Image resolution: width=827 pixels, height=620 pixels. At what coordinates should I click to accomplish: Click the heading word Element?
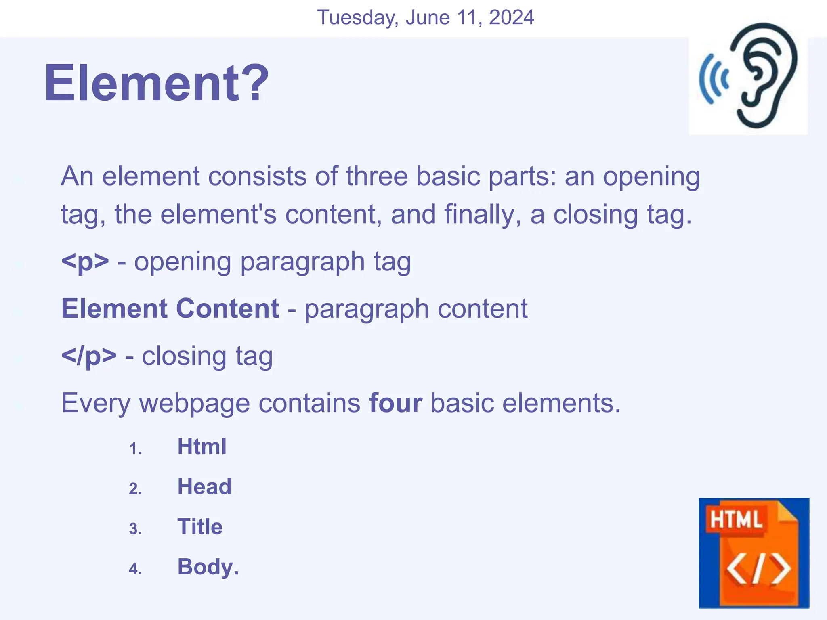156,83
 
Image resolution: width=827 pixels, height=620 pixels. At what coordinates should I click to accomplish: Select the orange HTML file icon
754,553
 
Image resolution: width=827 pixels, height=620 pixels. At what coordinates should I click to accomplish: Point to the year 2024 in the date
511,18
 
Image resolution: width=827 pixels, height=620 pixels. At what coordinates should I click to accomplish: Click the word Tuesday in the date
358,18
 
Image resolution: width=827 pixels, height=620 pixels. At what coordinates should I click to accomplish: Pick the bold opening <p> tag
85,262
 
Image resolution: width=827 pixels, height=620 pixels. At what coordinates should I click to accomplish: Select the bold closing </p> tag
89,356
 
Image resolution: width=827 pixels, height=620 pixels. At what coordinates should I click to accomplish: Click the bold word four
396,403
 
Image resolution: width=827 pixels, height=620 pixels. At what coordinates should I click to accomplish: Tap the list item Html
202,447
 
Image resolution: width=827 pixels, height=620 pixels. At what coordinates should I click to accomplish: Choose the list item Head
204,487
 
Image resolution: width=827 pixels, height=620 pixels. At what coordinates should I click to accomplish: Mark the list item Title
200,527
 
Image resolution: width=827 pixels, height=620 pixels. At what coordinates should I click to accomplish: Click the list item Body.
208,567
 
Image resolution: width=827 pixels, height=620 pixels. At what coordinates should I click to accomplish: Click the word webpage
194,403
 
